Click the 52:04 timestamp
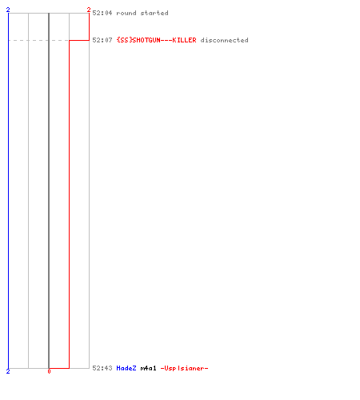click(x=102, y=13)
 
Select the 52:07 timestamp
click(x=102, y=40)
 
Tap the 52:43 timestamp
click(x=102, y=368)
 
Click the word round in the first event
click(x=126, y=13)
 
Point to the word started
click(x=154, y=13)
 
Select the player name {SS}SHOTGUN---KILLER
click(x=157, y=40)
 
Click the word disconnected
click(x=224, y=40)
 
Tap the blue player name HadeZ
click(x=126, y=368)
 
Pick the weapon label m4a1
click(x=148, y=368)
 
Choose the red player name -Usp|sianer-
click(x=184, y=368)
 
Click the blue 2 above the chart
click(x=8, y=10)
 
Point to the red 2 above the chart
click(x=89, y=10)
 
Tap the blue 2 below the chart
click(x=8, y=371)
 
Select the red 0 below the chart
click(x=49, y=371)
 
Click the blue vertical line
click(x=8, y=190)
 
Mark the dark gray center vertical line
click(x=49, y=190)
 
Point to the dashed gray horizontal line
click(x=38, y=40)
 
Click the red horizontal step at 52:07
click(x=79, y=40)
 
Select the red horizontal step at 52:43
click(x=59, y=368)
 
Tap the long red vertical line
click(x=70, y=204)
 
